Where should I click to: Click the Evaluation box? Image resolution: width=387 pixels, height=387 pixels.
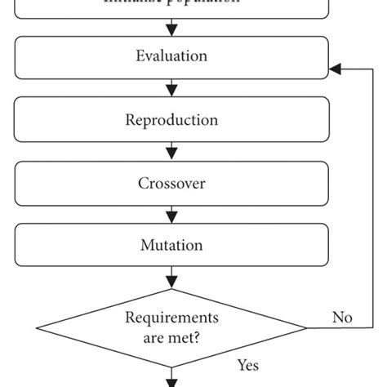pos(171,57)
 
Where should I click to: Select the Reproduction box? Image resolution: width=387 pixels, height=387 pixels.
pos(171,120)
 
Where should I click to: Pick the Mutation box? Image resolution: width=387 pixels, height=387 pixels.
pos(171,244)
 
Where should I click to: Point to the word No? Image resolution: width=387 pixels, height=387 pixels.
pos(342,317)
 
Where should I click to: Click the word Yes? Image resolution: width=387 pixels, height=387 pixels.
pos(247,365)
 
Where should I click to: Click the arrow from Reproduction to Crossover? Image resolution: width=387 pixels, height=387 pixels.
pos(171,151)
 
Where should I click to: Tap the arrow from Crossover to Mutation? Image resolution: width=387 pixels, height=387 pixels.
pos(171,213)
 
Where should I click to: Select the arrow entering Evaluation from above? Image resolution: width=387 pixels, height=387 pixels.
pos(171,28)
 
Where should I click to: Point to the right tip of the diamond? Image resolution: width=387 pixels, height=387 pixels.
pos(306,328)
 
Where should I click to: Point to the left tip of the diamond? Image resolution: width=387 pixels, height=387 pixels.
pos(37,328)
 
